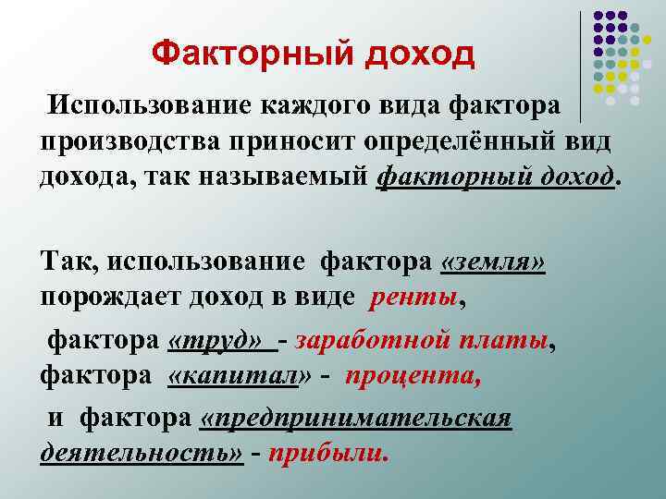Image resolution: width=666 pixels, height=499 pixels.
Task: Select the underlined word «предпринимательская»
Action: click(x=356, y=420)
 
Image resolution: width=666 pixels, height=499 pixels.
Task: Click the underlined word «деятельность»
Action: click(x=142, y=455)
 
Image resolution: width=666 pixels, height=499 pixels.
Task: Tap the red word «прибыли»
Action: click(x=327, y=455)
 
